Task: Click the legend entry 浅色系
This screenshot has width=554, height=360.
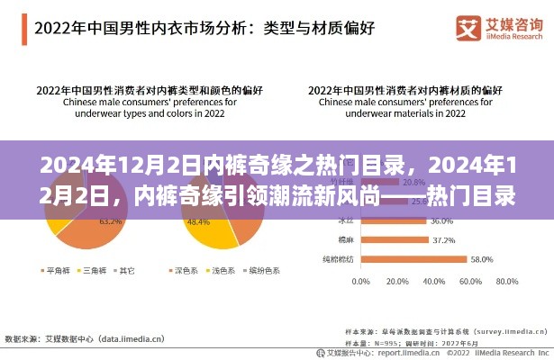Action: click(220, 269)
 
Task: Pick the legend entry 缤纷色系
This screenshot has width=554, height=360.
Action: click(262, 269)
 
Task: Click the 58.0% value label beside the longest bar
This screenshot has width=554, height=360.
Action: click(481, 260)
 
